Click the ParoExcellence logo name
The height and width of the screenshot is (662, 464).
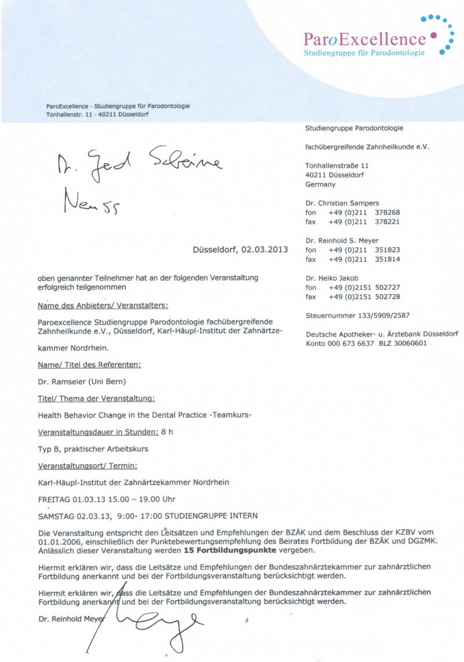(364, 39)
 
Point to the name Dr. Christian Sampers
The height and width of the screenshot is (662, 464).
(342, 203)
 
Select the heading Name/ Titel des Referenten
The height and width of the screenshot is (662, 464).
(89, 364)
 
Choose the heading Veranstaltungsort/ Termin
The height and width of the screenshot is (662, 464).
(87, 465)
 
